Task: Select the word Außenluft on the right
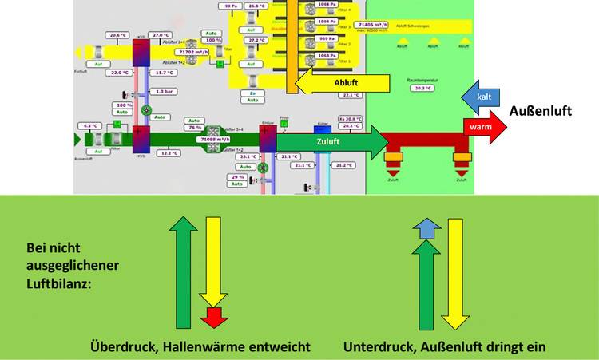pos(542,111)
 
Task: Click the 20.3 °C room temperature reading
pos(420,89)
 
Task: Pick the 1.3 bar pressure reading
pos(165,92)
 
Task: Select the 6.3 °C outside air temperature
pos(90,125)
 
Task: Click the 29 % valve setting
pos(236,176)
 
